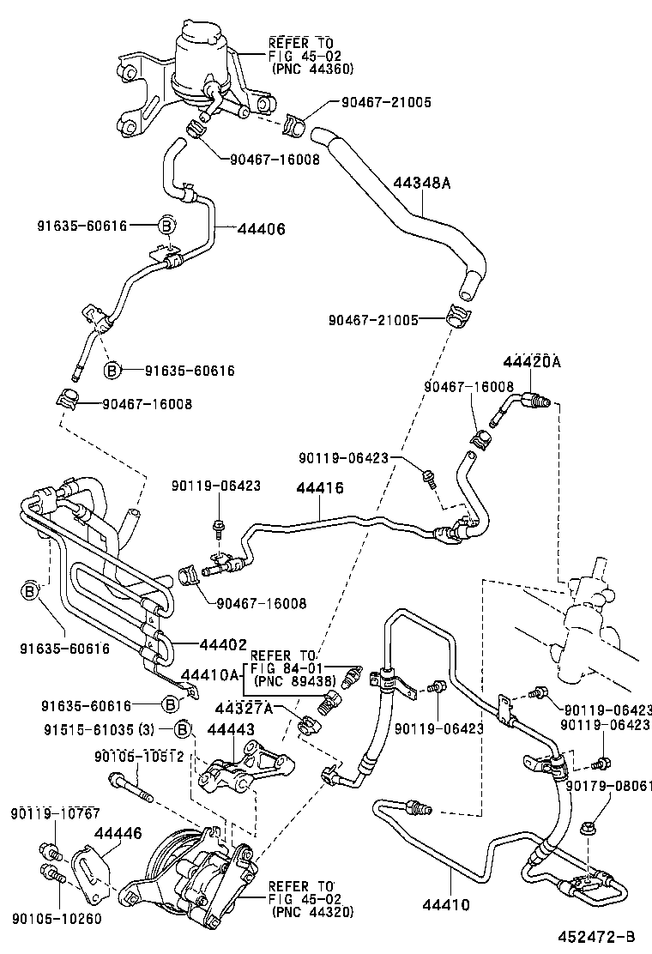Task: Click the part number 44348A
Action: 422,183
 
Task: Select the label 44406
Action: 261,229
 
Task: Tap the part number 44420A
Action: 531,361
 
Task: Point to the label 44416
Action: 320,487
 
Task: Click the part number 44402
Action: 223,643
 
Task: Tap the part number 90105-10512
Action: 139,755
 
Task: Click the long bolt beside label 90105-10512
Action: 130,787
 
